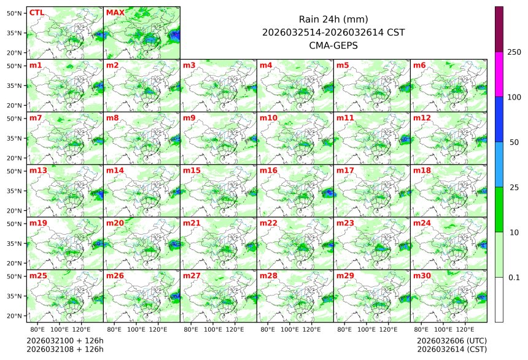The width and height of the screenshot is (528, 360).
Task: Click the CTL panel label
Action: pyautogui.click(x=36, y=12)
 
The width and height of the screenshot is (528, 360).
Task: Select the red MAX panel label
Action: pyautogui.click(x=115, y=12)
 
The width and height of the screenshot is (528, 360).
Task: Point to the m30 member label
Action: pyautogui.click(x=422, y=276)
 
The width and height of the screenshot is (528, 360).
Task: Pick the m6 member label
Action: pyautogui.click(x=420, y=65)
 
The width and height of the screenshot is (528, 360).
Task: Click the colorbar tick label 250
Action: pyautogui.click(x=514, y=52)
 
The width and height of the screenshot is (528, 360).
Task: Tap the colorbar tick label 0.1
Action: pyautogui.click(x=514, y=277)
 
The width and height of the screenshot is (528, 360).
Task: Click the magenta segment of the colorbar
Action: pyautogui.click(x=499, y=74)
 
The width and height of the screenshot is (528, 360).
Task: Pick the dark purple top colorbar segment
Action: pyautogui.click(x=499, y=29)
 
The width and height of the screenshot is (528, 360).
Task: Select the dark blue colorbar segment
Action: pyautogui.click(x=499, y=119)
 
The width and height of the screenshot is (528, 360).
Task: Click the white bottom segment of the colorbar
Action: pyautogui.click(x=499, y=299)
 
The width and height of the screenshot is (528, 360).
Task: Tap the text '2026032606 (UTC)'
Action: pyautogui.click(x=451, y=340)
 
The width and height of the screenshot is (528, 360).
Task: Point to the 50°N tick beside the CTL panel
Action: pyautogui.click(x=15, y=13)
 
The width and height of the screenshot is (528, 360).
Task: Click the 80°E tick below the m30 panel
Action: pyautogui.click(x=421, y=329)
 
